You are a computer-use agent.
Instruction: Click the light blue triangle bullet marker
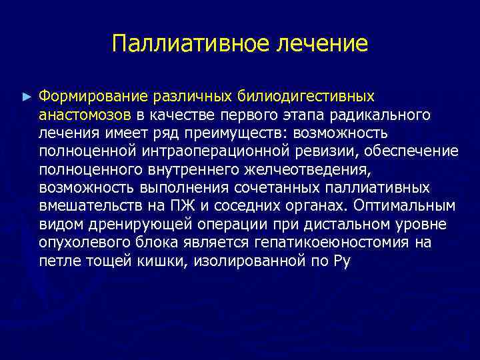(27, 97)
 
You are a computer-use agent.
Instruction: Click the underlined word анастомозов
(86, 115)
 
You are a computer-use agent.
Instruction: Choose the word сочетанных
(270, 187)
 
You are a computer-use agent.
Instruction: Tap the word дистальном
(331, 223)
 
